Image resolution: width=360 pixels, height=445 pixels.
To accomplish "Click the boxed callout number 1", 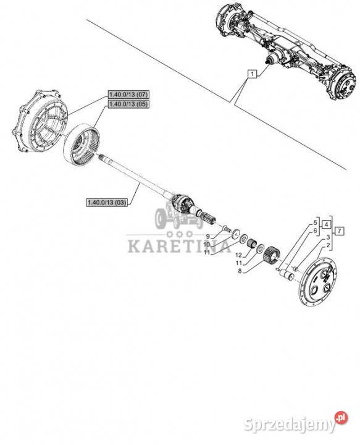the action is tap(252, 74).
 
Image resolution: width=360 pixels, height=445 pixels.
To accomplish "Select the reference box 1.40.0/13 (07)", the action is tap(128, 94).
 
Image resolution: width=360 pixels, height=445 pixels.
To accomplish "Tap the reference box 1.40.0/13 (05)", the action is tap(128, 104).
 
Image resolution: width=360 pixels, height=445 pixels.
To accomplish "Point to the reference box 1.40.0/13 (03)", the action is tap(107, 202).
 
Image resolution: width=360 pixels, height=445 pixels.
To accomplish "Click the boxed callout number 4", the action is tap(326, 224).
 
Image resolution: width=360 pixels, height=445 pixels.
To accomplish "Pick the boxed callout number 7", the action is tap(340, 231).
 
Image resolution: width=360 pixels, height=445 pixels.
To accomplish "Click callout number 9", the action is tap(207, 236).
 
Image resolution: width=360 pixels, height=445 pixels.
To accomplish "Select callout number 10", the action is tap(207, 244).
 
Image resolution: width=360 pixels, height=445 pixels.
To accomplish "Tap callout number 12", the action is tap(239, 255).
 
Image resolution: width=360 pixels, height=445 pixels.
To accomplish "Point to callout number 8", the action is tap(240, 271).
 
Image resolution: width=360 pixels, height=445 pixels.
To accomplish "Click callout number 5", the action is tap(315, 222).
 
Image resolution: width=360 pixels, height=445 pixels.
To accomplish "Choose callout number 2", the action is tap(328, 245).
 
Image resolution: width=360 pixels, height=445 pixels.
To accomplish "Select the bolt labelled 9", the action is tap(226, 228).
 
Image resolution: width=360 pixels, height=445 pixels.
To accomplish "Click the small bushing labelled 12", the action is tap(251, 244).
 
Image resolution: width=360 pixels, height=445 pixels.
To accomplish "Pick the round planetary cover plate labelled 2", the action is tap(319, 282).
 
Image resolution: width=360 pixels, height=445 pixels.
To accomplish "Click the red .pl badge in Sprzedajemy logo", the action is tap(341, 418).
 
